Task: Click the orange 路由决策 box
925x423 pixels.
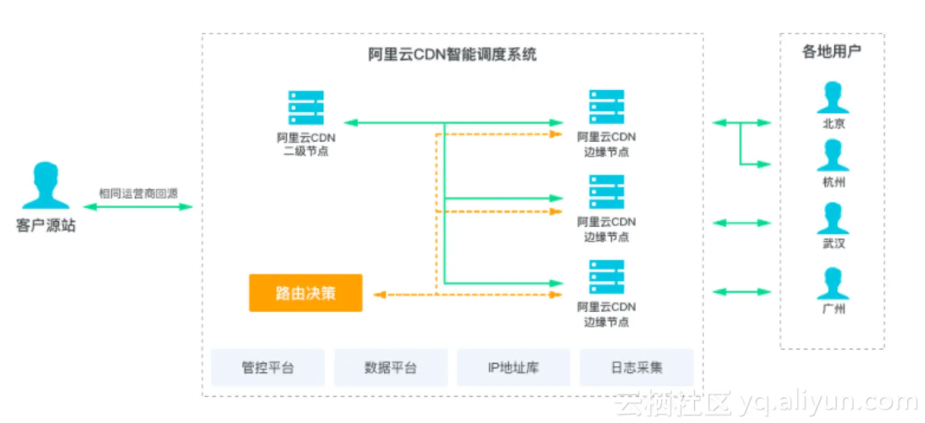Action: [x=305, y=293]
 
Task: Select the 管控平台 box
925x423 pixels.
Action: [x=267, y=367]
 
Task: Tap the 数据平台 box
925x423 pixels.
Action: [x=391, y=367]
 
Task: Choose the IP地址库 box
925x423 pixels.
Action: [x=513, y=367]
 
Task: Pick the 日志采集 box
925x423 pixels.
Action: [x=637, y=367]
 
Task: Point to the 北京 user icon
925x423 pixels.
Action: [x=833, y=97]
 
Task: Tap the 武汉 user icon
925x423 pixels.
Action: [x=833, y=218]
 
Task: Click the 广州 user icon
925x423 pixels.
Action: [x=833, y=283]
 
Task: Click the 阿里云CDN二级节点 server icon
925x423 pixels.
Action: [x=306, y=107]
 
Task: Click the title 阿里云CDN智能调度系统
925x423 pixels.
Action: [x=452, y=54]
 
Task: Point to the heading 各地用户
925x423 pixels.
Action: [x=831, y=51]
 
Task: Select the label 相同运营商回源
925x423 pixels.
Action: [x=138, y=193]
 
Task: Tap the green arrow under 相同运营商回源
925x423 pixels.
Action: [x=138, y=206]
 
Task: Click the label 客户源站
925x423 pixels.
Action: [x=45, y=225]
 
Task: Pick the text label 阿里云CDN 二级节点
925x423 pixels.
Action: [x=306, y=144]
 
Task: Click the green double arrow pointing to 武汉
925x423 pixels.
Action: [x=741, y=222]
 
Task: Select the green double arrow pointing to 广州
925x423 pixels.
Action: [x=741, y=291]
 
